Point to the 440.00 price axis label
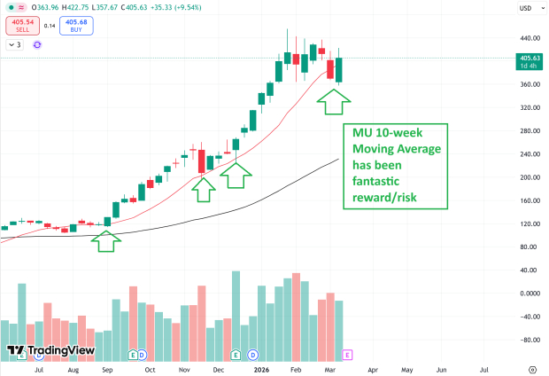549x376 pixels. [x=530, y=39]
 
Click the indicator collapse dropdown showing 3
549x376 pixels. [x=15, y=44]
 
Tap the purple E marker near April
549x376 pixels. [x=347, y=354]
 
